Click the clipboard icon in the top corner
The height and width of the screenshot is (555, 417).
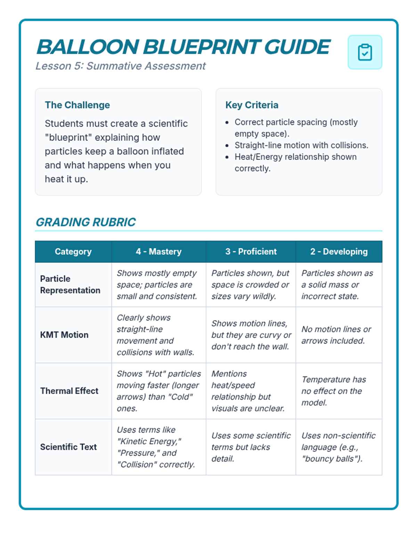(365, 52)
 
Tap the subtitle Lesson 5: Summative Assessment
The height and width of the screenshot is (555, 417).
(121, 66)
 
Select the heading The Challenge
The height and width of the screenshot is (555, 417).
(77, 105)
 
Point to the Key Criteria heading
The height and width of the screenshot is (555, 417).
(252, 105)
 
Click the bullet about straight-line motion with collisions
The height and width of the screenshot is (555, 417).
(301, 145)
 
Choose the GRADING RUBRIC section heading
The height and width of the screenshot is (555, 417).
(85, 222)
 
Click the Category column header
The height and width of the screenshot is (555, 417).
(73, 251)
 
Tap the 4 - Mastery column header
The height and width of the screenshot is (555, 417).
(158, 251)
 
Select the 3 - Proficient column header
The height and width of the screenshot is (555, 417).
(251, 251)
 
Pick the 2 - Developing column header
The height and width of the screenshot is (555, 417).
(339, 251)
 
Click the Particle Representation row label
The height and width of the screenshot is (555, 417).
(70, 284)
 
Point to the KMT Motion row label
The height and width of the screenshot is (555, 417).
(64, 335)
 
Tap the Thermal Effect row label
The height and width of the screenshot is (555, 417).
(69, 391)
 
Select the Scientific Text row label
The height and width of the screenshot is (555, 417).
(68, 447)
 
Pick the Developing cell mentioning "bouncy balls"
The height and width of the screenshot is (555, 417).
(338, 447)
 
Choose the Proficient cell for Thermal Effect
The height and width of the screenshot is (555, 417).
(248, 391)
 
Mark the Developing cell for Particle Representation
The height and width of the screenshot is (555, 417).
(337, 284)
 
